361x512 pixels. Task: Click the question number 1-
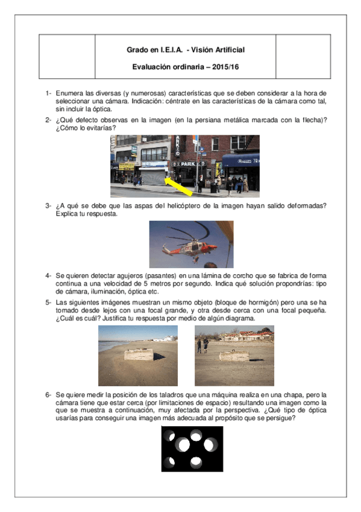click(48, 94)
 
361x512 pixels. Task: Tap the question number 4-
click(48, 275)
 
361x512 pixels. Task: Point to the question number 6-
click(48, 394)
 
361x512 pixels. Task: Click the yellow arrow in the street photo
click(179, 184)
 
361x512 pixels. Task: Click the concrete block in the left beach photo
click(139, 354)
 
